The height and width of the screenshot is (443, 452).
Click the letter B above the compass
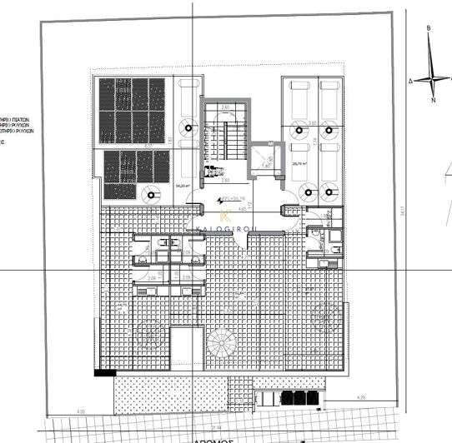pos(428,27)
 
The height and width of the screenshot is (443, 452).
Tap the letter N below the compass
pos(434,100)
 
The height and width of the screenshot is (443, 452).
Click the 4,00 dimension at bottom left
pos(81,411)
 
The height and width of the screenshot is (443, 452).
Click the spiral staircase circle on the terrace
pos(223,342)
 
